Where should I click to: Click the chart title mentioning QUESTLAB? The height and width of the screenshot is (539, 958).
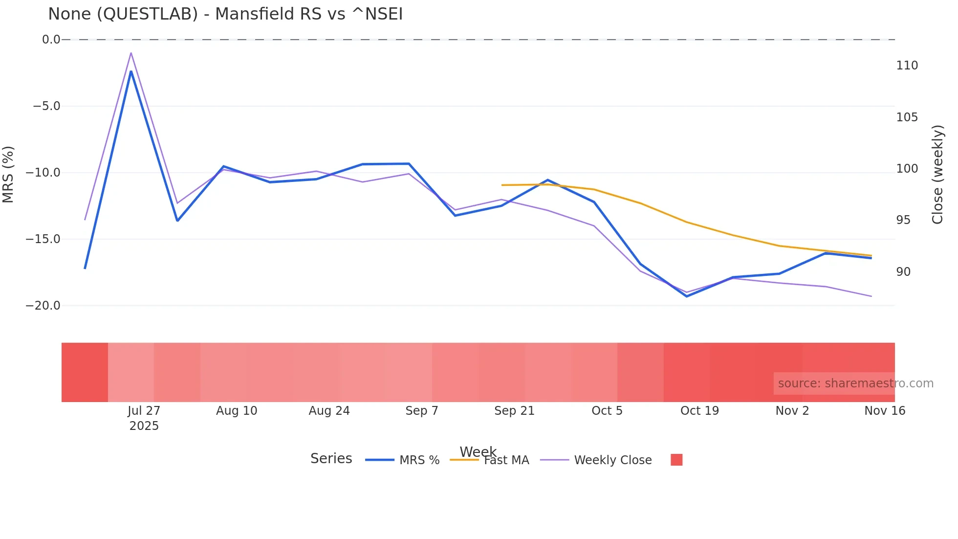225,14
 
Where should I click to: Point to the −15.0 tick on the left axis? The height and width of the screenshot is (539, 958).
43,239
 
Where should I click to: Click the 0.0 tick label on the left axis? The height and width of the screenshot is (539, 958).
51,40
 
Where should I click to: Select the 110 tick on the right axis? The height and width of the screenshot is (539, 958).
907,66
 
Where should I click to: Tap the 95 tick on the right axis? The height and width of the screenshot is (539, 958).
903,220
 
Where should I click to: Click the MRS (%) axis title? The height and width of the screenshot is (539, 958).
8,174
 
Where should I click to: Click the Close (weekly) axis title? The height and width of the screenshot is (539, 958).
937,174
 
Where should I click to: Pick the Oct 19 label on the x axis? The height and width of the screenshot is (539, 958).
699,411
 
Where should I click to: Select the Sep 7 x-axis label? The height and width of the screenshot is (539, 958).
421,411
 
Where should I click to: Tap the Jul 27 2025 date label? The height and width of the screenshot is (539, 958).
144,418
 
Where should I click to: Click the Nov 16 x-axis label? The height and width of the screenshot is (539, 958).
884,411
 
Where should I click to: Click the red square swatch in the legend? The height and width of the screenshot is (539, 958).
676,460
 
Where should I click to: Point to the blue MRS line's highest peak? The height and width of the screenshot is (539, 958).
131,71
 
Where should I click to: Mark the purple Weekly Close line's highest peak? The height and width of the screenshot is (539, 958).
131,53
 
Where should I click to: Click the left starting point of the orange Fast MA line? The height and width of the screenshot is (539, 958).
502,185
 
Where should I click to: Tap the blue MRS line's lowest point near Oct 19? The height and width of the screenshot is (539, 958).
687,296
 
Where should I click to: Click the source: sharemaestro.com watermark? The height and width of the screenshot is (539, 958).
855,383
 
